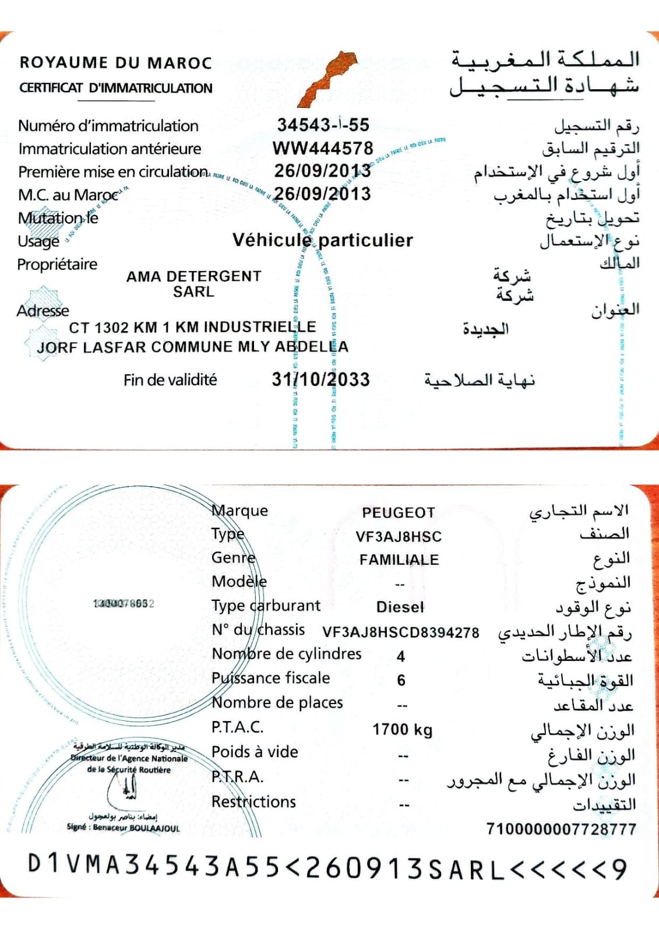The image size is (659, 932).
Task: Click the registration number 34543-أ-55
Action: (323, 125)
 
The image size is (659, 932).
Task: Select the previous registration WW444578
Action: (323, 148)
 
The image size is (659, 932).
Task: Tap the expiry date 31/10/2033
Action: (320, 380)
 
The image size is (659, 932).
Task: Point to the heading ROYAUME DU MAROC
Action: (116, 62)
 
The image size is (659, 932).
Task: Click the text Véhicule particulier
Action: (322, 240)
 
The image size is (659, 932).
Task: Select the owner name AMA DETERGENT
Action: (193, 276)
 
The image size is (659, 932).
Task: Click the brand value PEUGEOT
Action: (399, 513)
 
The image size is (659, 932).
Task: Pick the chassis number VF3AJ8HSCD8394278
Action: (401, 632)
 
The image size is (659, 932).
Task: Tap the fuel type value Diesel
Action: (400, 607)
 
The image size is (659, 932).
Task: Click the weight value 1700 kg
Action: (403, 729)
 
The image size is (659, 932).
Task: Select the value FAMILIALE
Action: (399, 560)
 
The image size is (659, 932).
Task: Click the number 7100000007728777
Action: (561, 829)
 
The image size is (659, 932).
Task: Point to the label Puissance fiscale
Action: (270, 678)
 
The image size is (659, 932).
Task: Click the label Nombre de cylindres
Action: (286, 653)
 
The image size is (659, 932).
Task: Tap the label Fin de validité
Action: (170, 380)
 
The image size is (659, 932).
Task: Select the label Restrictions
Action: (253, 802)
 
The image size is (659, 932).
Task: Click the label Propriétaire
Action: (57, 264)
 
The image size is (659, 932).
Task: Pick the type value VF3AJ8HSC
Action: (399, 536)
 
